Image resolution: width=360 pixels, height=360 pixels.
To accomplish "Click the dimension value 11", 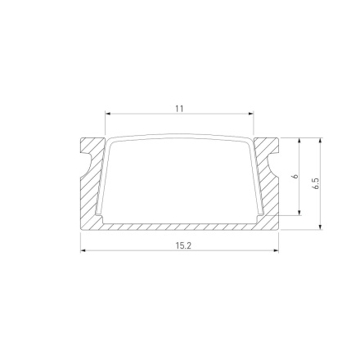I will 179,108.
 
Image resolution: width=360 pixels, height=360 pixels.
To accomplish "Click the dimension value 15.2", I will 180,245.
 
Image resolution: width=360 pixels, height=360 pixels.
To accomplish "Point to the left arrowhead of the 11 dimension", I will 107,114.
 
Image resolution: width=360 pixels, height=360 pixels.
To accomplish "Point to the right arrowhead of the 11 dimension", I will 251,114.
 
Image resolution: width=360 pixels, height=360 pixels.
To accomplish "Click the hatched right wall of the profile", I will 271,192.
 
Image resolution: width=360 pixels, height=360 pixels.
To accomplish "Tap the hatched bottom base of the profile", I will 180,226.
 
